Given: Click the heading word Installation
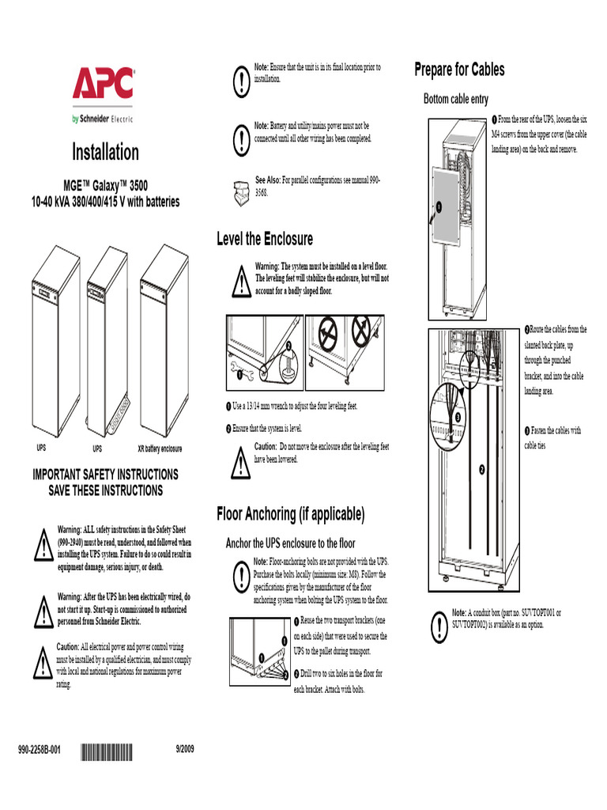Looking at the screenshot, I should [105, 152].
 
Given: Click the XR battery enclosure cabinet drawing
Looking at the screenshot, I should [164, 340].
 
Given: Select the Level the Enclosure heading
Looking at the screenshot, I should [265, 239].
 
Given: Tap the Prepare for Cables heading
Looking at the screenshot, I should [459, 70].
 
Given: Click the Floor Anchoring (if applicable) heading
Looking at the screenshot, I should [291, 515].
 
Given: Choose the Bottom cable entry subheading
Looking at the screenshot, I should [456, 99].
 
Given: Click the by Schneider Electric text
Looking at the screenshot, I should [103, 119].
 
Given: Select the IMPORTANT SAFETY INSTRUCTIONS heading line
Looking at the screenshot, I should [105, 475].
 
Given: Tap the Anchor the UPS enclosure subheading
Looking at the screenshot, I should [290, 543].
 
